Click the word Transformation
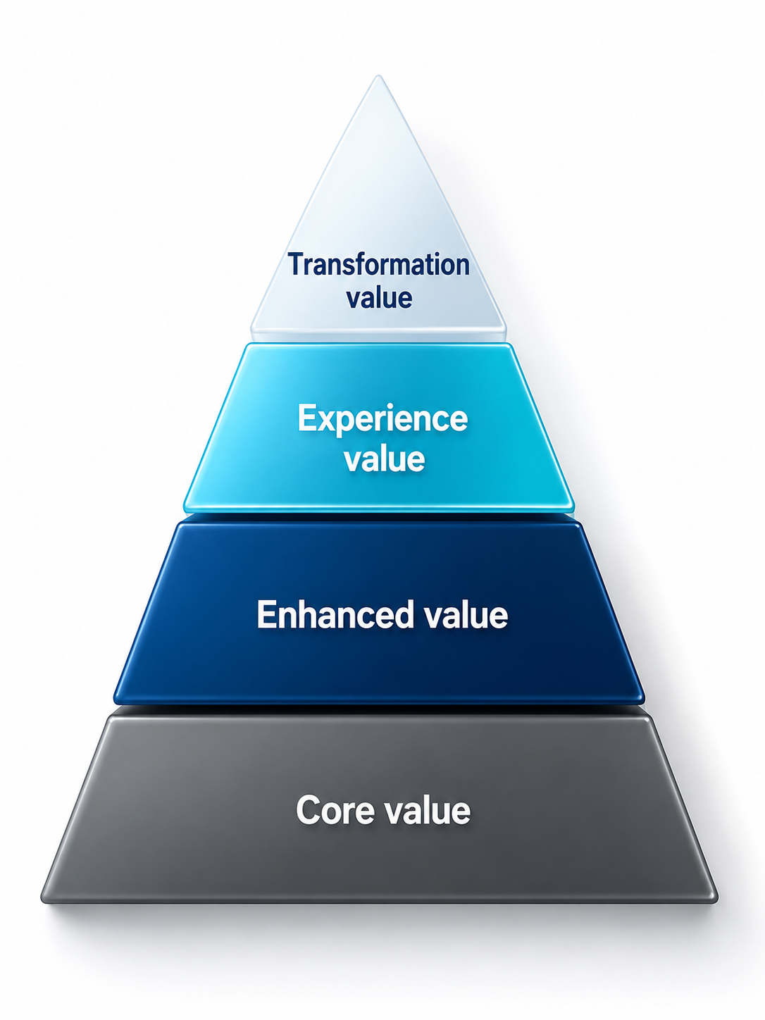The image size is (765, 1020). click(378, 266)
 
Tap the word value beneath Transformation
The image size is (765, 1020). click(380, 297)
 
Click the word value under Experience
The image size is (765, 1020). click(384, 458)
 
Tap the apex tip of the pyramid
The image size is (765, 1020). click(378, 76)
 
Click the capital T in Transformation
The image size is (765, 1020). click(297, 264)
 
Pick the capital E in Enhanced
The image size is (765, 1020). click(266, 614)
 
